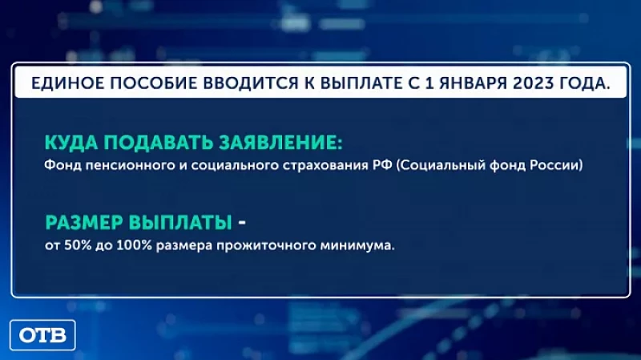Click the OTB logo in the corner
coord(42,334)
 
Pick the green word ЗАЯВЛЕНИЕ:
coord(279,143)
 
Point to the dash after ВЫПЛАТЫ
coord(244,221)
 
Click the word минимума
coord(360,245)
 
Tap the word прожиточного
coord(271,245)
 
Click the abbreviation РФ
coord(386,167)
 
